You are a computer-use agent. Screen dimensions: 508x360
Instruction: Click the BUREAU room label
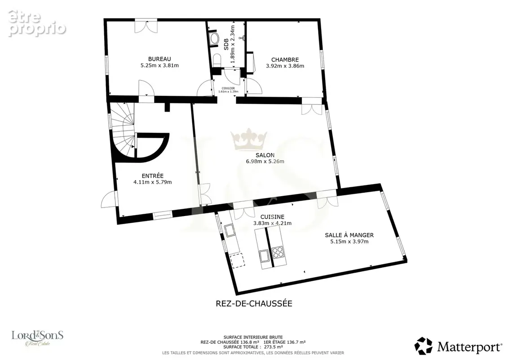pyautogui.click(x=159, y=59)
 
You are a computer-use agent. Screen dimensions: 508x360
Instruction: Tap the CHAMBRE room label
pyautogui.click(x=285, y=60)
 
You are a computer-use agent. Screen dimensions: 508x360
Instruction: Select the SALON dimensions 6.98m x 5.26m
pyautogui.click(x=265, y=162)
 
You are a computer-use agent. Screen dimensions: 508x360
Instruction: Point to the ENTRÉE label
pyautogui.click(x=153, y=176)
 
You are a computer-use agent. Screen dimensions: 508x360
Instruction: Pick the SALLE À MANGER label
pyautogui.click(x=349, y=235)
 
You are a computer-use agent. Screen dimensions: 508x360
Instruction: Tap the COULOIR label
pyautogui.click(x=228, y=88)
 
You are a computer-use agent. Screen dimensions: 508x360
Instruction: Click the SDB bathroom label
pyautogui.click(x=226, y=44)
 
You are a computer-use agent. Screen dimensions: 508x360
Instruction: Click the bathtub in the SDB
pyautogui.click(x=214, y=39)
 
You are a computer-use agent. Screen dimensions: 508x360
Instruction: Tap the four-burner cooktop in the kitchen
pyautogui.click(x=278, y=252)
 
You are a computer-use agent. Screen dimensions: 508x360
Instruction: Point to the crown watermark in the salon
pyautogui.click(x=249, y=139)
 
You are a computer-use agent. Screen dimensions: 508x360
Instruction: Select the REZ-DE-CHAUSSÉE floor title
pyautogui.click(x=254, y=303)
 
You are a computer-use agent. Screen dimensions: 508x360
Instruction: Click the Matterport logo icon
pyautogui.click(x=424, y=346)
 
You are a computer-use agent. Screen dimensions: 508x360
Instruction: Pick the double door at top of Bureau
pyautogui.click(x=146, y=26)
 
